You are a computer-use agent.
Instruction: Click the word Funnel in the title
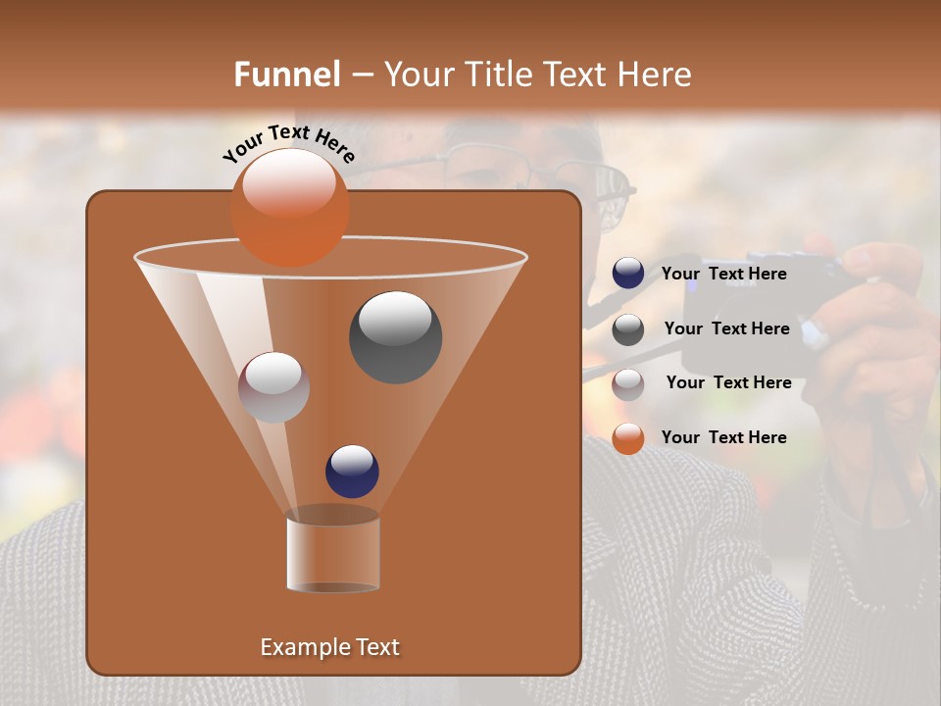click(287, 75)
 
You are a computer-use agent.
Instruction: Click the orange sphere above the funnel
click(289, 207)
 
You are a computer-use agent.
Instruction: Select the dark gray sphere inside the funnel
click(395, 336)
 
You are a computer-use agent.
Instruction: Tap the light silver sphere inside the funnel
click(273, 387)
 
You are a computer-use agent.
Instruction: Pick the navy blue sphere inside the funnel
click(352, 471)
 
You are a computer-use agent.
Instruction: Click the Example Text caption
click(329, 647)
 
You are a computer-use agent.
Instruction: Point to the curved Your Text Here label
click(288, 141)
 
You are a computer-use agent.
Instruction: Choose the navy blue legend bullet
click(628, 274)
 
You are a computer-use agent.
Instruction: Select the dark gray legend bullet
click(628, 329)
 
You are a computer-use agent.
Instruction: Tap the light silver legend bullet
click(628, 383)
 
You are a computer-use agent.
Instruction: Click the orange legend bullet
click(628, 438)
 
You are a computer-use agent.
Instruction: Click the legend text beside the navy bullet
click(723, 275)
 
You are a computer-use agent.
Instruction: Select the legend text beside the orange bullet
click(723, 437)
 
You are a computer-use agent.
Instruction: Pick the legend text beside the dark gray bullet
click(726, 328)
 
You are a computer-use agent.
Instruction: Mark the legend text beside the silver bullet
click(728, 382)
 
